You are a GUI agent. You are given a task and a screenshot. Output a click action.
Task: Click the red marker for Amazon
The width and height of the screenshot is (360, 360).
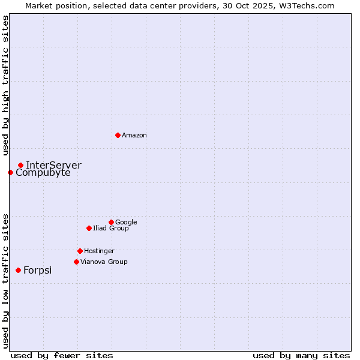click(118, 135)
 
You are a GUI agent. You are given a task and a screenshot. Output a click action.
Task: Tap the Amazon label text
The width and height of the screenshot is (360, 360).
click(134, 136)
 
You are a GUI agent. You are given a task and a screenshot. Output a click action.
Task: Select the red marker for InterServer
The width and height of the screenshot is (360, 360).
click(20, 165)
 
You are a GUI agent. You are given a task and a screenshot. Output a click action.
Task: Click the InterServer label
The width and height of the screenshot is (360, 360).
click(53, 165)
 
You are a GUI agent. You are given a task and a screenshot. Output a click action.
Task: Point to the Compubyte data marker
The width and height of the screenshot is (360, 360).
click(10, 172)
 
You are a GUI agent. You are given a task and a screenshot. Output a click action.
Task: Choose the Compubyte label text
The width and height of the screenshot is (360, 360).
click(43, 173)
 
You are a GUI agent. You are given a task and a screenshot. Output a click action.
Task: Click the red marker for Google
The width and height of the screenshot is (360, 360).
click(111, 222)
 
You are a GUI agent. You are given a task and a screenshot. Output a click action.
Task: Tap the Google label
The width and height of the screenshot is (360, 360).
click(126, 223)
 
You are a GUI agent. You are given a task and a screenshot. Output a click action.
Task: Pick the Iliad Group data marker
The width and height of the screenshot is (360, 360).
click(89, 228)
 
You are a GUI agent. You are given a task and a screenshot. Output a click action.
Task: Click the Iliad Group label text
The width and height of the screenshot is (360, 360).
click(111, 229)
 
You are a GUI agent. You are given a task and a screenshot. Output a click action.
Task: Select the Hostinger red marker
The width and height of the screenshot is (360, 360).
click(80, 251)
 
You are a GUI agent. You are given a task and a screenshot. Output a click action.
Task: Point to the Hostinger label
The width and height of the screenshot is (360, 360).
click(99, 251)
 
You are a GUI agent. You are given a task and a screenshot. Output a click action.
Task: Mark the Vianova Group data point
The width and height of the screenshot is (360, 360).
click(76, 262)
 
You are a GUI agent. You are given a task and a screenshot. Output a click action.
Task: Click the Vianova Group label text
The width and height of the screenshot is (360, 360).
click(104, 262)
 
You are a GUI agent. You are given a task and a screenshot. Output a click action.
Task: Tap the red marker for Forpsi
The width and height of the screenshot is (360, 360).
click(18, 270)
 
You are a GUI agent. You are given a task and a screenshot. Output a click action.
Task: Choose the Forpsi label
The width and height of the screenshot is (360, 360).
click(37, 271)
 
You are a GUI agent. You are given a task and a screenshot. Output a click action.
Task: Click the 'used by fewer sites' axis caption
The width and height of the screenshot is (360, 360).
click(62, 355)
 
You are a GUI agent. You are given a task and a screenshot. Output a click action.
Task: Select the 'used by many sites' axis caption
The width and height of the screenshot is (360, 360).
click(301, 355)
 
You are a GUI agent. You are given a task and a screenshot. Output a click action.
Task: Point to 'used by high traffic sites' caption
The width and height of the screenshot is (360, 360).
click(5, 85)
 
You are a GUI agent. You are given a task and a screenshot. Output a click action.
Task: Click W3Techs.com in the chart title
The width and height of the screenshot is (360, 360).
click(305, 5)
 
